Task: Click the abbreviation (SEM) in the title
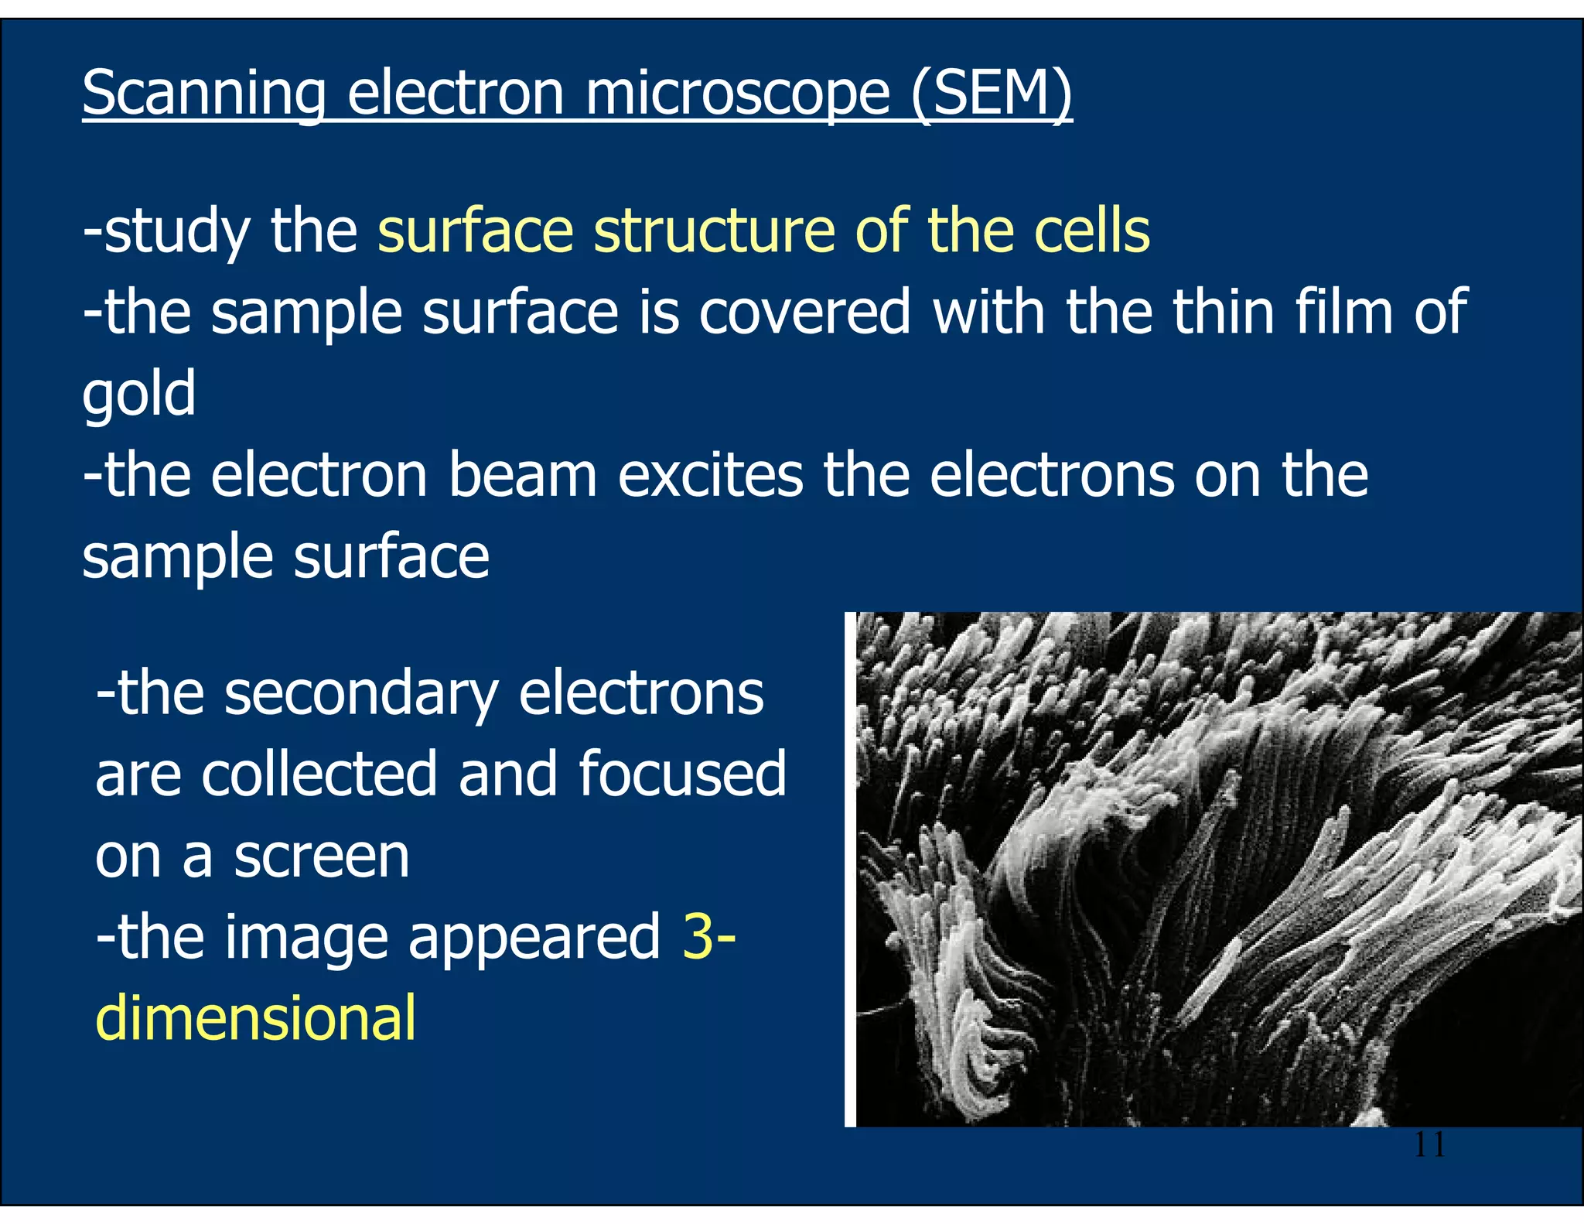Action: tap(992, 94)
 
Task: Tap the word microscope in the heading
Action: tap(737, 94)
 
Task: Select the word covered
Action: tap(804, 311)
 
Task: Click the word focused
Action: tap(682, 774)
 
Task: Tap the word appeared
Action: tap(534, 939)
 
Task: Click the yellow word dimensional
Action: tap(256, 1018)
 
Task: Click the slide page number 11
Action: tap(1429, 1144)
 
